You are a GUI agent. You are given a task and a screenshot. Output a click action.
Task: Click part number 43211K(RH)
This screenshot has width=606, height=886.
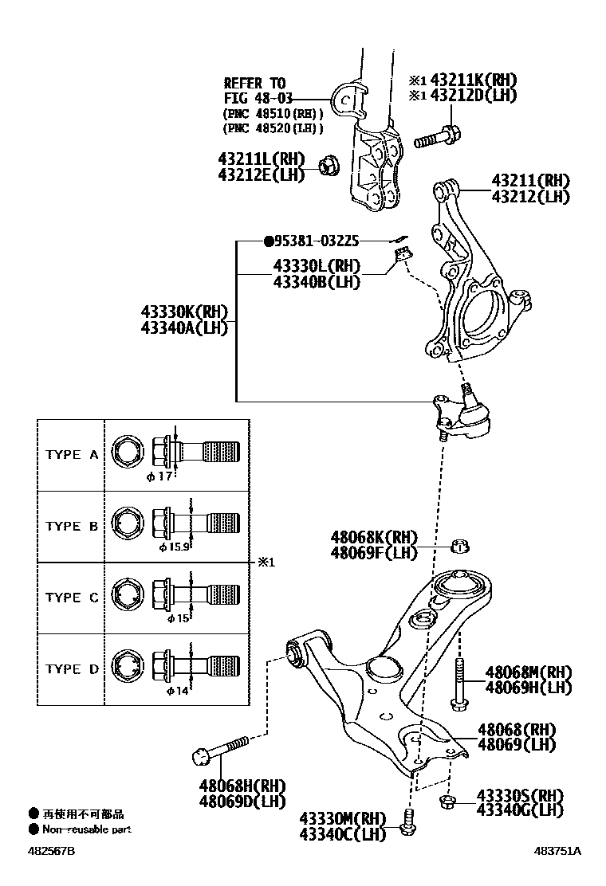point(474,80)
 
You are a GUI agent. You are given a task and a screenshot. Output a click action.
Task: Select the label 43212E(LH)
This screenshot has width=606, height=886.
point(261,174)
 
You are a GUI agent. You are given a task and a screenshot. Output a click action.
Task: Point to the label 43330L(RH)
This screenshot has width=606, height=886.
point(316,266)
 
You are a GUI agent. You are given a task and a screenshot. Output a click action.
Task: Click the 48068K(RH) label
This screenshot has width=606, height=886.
point(374,538)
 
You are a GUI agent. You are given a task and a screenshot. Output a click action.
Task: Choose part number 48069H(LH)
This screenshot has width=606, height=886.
point(529,687)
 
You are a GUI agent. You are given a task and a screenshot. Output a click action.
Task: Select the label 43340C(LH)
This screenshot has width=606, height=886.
point(343,834)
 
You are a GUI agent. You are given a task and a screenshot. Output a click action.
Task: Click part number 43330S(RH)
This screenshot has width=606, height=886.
point(520,795)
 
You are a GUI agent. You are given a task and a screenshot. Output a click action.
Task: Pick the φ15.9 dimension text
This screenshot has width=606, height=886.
point(175,547)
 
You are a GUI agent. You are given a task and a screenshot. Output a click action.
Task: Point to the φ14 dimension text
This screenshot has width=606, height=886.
point(177,690)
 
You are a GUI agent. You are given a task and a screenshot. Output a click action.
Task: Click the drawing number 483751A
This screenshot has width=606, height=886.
point(557,851)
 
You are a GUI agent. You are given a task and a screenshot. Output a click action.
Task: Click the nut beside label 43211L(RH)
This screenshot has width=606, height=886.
point(326,166)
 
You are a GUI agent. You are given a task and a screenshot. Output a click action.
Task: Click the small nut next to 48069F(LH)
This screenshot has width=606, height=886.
point(458,546)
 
